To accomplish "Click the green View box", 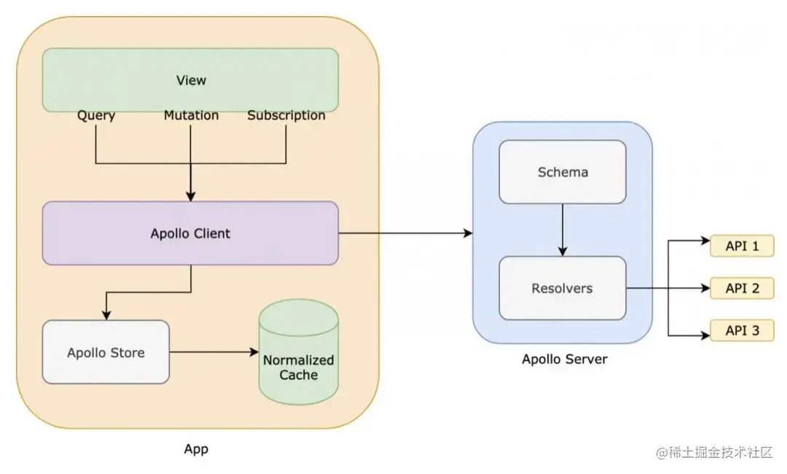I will [x=190, y=80].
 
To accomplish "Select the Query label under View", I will [x=96, y=115].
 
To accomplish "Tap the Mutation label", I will [x=191, y=115].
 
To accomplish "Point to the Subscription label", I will [x=286, y=115].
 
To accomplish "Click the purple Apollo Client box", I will [x=190, y=233].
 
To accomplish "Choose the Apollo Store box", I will [x=106, y=352].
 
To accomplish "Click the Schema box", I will [x=563, y=172].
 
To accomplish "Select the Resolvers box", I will [x=563, y=288].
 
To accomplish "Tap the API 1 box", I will [x=742, y=246].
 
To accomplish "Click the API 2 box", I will [x=742, y=288].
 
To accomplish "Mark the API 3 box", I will [x=742, y=330].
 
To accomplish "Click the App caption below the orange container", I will [x=196, y=449].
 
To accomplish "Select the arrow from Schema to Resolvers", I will [x=563, y=230].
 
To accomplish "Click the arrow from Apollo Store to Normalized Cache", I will [x=214, y=352].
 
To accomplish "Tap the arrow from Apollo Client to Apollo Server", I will [x=405, y=233].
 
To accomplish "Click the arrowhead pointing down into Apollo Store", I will [x=106, y=314].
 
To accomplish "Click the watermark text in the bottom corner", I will [x=714, y=453].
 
